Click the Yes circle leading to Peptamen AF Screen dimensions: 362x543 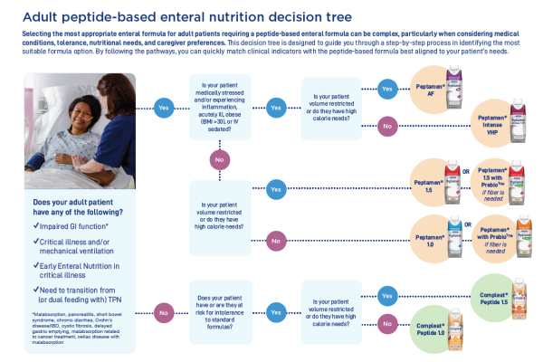(x=387, y=89)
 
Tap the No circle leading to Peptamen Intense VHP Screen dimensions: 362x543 (x=387, y=125)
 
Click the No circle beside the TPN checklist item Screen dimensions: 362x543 (x=164, y=312)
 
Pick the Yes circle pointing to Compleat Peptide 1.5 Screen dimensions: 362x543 (x=387, y=295)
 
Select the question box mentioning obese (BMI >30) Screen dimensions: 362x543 (x=218, y=107)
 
